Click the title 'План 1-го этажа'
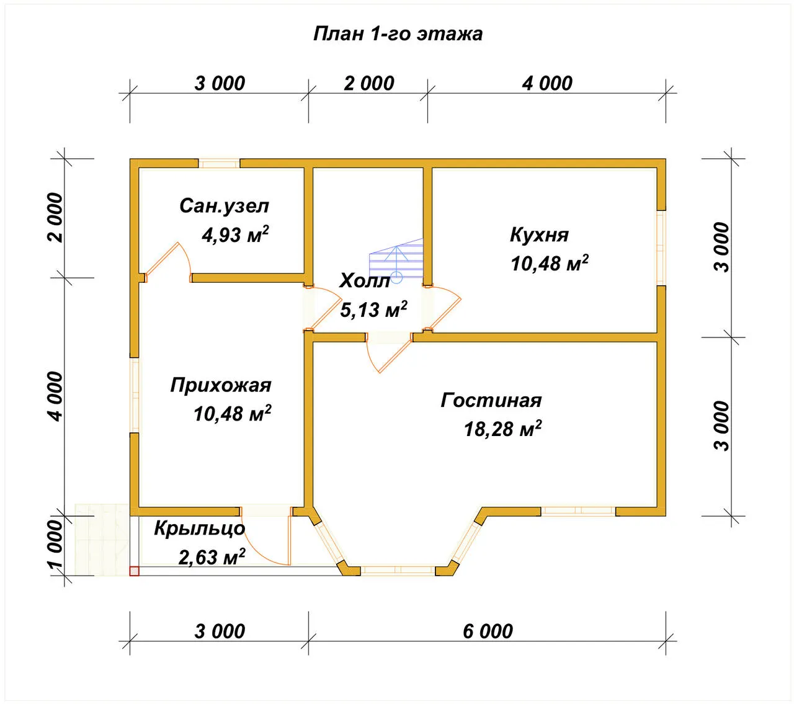[398, 34]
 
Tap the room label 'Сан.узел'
[224, 206]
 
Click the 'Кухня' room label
[539, 235]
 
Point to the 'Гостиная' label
[491, 400]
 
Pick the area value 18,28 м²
[503, 429]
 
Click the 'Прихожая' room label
[221, 385]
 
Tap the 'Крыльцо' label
[200, 528]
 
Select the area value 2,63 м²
[212, 556]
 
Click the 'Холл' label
[365, 280]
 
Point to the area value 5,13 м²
[373, 310]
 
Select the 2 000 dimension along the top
[369, 84]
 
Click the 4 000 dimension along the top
[547, 84]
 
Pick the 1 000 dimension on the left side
[56, 544]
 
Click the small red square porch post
[135, 571]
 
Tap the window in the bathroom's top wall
[219, 164]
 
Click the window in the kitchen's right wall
[661, 247]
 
